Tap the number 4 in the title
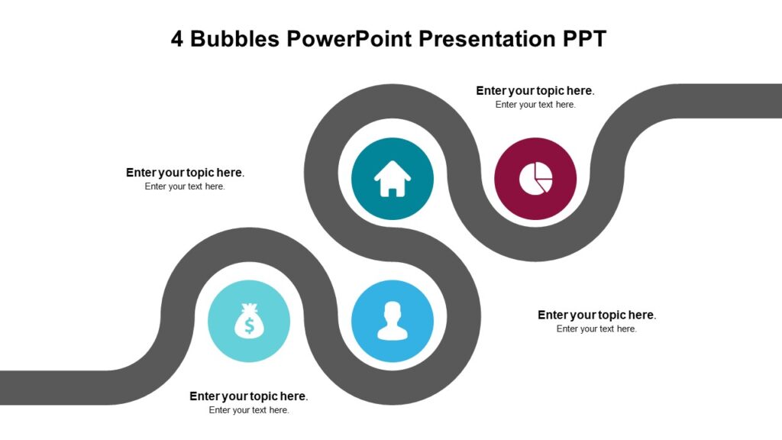(177, 39)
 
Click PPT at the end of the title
(584, 39)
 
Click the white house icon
(393, 180)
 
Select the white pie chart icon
(535, 180)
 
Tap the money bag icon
(249, 321)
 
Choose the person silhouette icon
(393, 321)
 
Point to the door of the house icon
(393, 189)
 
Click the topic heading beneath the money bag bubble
(248, 396)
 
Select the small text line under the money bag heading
(249, 410)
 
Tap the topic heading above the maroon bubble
(535, 90)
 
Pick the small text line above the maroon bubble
(535, 105)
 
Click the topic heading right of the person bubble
(596, 315)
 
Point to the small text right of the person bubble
(596, 329)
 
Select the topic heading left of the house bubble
(185, 173)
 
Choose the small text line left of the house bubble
(185, 186)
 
